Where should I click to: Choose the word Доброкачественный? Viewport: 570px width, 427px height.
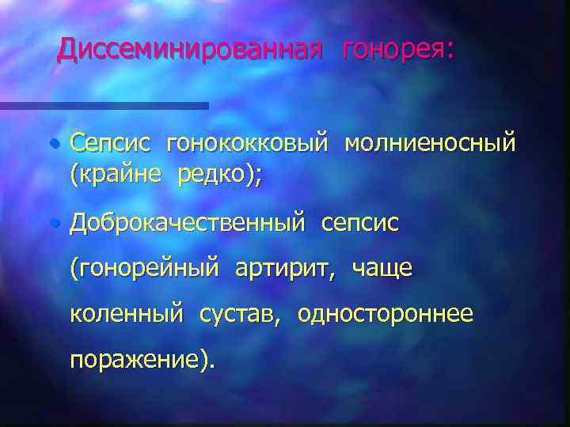(187, 224)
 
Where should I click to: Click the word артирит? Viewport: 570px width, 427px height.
(278, 270)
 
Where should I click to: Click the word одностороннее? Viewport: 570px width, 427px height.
(386, 315)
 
